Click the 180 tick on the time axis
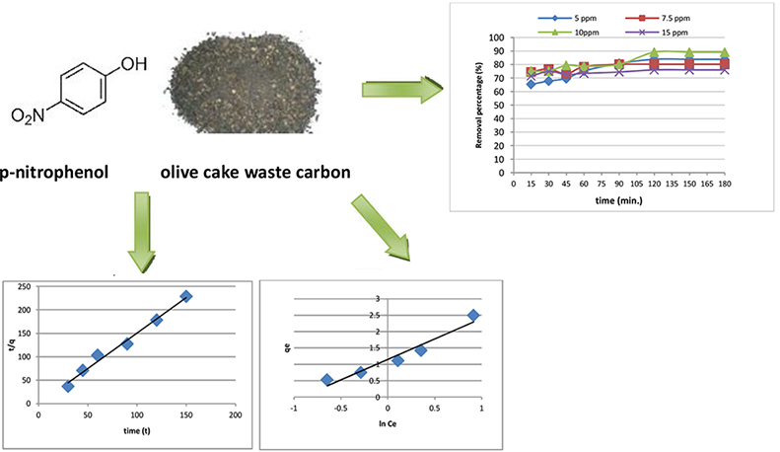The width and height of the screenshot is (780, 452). coord(723,184)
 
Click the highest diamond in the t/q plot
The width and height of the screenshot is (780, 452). coord(185,296)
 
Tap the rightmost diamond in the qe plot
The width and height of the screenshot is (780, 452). coord(473,315)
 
